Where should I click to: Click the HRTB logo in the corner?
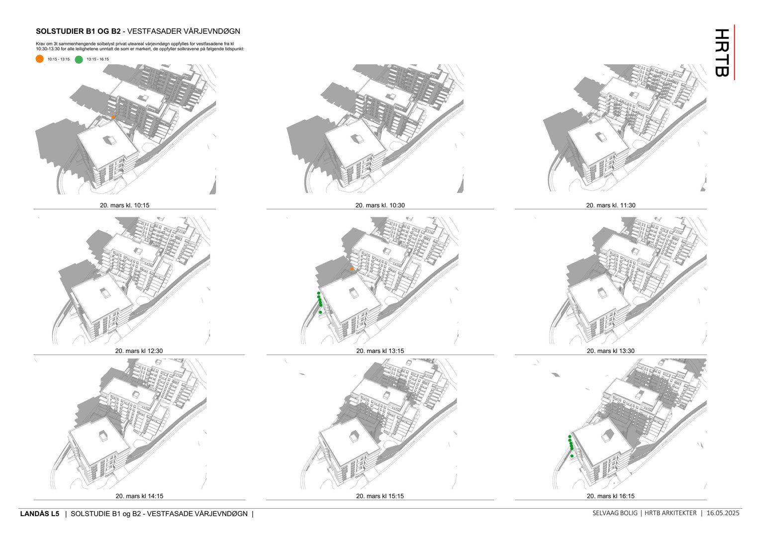pyautogui.click(x=723, y=52)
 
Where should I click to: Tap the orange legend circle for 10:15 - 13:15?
pyautogui.click(x=40, y=59)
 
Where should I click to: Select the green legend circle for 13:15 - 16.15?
pyautogui.click(x=79, y=59)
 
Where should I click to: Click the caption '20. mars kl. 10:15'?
pyautogui.click(x=124, y=205)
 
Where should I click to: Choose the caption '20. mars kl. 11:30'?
pyautogui.click(x=610, y=205)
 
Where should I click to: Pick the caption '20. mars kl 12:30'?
pyautogui.click(x=139, y=351)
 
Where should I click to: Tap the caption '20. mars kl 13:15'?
pyautogui.click(x=380, y=351)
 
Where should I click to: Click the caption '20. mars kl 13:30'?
pyautogui.click(x=610, y=351)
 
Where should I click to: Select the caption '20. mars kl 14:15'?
pyautogui.click(x=139, y=496)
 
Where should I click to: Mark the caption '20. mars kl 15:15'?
pyautogui.click(x=380, y=496)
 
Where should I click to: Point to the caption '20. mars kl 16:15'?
pyautogui.click(x=610, y=496)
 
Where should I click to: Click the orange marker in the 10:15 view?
pyautogui.click(x=113, y=117)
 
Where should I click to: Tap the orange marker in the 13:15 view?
pyautogui.click(x=352, y=269)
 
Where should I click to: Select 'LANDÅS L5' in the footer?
pyautogui.click(x=39, y=514)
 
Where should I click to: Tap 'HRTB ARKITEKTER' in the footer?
pyautogui.click(x=670, y=513)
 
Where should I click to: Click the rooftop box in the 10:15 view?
pyautogui.click(x=110, y=140)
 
